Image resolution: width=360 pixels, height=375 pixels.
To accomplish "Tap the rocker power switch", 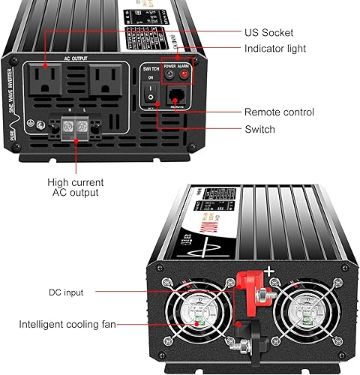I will click(149, 96).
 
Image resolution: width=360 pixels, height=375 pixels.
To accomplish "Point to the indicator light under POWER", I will click(169, 74).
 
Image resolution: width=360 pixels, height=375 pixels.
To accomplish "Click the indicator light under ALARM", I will click(184, 74).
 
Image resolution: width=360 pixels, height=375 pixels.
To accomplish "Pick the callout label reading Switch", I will click(259, 129).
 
